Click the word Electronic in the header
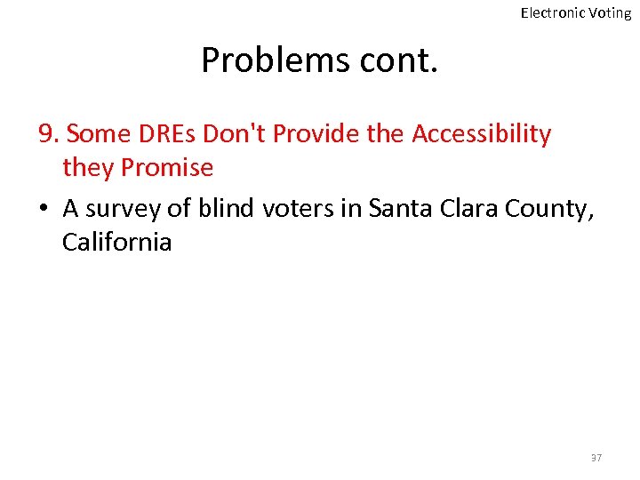coord(552,12)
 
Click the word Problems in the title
coord(276,60)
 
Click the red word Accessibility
coord(481,134)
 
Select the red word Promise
coord(167,167)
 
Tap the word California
coord(116,242)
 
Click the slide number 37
coord(596,458)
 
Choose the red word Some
coord(99,134)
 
